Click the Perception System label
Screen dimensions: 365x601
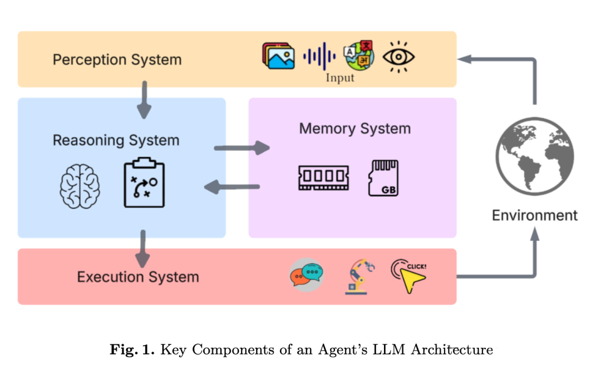[117, 60]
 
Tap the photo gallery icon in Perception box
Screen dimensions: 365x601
[278, 56]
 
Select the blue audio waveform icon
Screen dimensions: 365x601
[319, 56]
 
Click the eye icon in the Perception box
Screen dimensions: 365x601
[399, 56]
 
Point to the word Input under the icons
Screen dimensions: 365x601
[339, 78]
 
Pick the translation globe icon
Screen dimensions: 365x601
[359, 55]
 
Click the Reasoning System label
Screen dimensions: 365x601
[116, 140]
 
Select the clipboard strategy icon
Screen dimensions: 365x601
[144, 183]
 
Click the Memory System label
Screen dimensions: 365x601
[354, 129]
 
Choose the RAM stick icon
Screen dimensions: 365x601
[323, 177]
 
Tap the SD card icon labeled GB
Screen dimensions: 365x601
[384, 177]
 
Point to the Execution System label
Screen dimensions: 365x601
[138, 277]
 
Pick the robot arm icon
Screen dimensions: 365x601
[358, 276]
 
